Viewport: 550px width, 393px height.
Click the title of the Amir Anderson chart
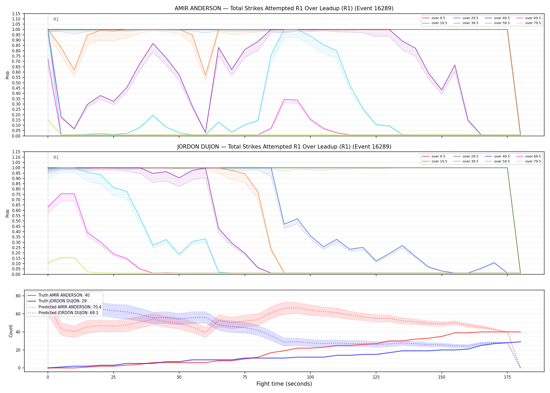(284, 8)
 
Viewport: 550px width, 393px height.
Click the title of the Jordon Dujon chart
(284, 147)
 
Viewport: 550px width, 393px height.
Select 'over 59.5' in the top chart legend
(502, 23)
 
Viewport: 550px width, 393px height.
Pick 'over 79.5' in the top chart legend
(533, 23)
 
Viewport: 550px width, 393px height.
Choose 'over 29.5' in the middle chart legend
(470, 156)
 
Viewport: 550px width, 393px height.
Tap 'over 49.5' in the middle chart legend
(502, 156)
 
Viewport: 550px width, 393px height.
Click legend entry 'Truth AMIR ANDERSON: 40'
(64, 295)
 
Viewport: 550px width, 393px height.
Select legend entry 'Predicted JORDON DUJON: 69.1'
(68, 313)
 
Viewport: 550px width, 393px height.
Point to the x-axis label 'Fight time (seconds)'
(284, 384)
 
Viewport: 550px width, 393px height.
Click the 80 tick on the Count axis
(18, 296)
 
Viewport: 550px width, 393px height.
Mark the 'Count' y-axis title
(11, 331)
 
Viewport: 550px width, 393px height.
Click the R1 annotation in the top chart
(56, 19)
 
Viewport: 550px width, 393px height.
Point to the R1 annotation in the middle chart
(56, 157)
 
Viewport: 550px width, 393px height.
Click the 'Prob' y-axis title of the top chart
(8, 75)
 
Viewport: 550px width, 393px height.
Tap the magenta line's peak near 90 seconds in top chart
(284, 99)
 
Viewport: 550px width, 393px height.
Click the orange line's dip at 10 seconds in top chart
(74, 70)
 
